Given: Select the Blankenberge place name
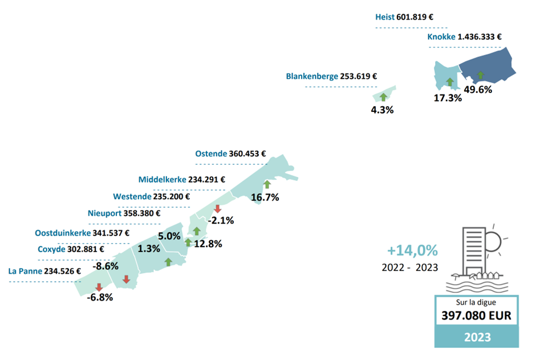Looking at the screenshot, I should [312, 76].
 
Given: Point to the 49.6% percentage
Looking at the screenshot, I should [478, 90].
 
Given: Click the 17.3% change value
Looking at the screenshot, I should [448, 98].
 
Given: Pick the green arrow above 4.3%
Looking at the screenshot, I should [383, 97].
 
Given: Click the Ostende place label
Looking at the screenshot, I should [211, 153].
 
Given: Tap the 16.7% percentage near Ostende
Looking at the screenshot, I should [265, 197].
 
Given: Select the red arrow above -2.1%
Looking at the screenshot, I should [217, 209].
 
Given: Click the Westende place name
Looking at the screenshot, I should [132, 197].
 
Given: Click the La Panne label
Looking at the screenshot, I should [25, 272].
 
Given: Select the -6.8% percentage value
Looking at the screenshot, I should [99, 297].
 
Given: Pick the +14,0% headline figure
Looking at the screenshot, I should [412, 250].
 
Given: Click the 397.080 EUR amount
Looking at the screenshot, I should [477, 316].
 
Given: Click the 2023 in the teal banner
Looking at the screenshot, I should [477, 337].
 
